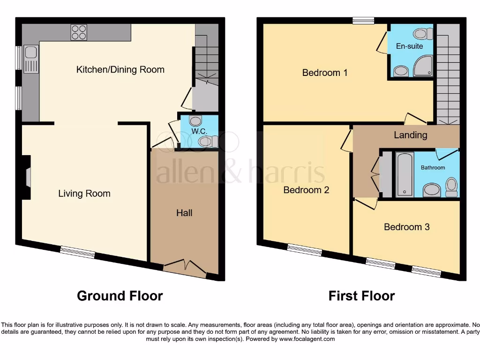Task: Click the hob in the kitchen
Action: [78, 32]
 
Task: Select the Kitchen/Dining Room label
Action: [120, 70]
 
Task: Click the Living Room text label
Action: [84, 193]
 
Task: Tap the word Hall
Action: [184, 213]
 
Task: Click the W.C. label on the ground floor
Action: [199, 131]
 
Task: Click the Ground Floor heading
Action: [120, 296]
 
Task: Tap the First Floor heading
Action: [361, 296]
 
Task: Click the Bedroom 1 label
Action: [325, 73]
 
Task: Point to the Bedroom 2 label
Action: [306, 190]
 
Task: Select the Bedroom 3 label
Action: [406, 227]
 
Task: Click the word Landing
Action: [410, 135]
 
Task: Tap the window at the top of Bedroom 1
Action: [363, 20]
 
